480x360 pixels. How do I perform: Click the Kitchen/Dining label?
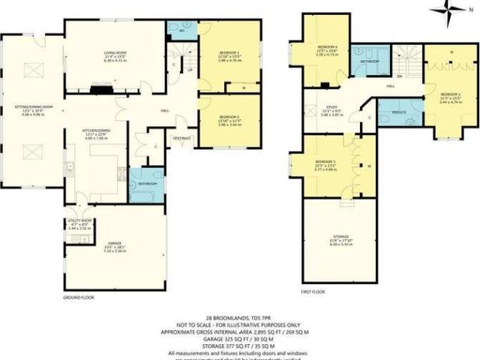click(x=92, y=132)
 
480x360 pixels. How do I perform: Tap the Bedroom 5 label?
click(x=228, y=118)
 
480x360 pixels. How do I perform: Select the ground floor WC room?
click(x=181, y=31)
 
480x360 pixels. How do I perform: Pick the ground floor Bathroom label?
click(x=146, y=182)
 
